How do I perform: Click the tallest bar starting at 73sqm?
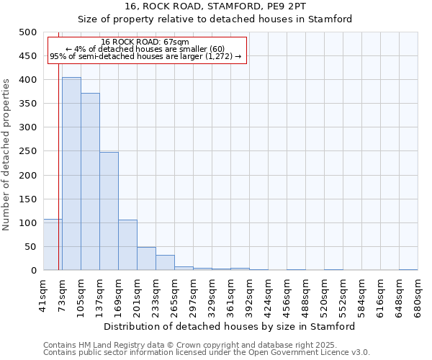tap(71, 174)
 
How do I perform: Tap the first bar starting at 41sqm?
tap(53, 245)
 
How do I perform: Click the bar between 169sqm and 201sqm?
tap(127, 245)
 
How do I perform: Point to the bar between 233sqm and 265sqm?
tap(165, 263)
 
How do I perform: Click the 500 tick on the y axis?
tap(27, 32)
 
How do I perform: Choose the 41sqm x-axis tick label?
tap(43, 295)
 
